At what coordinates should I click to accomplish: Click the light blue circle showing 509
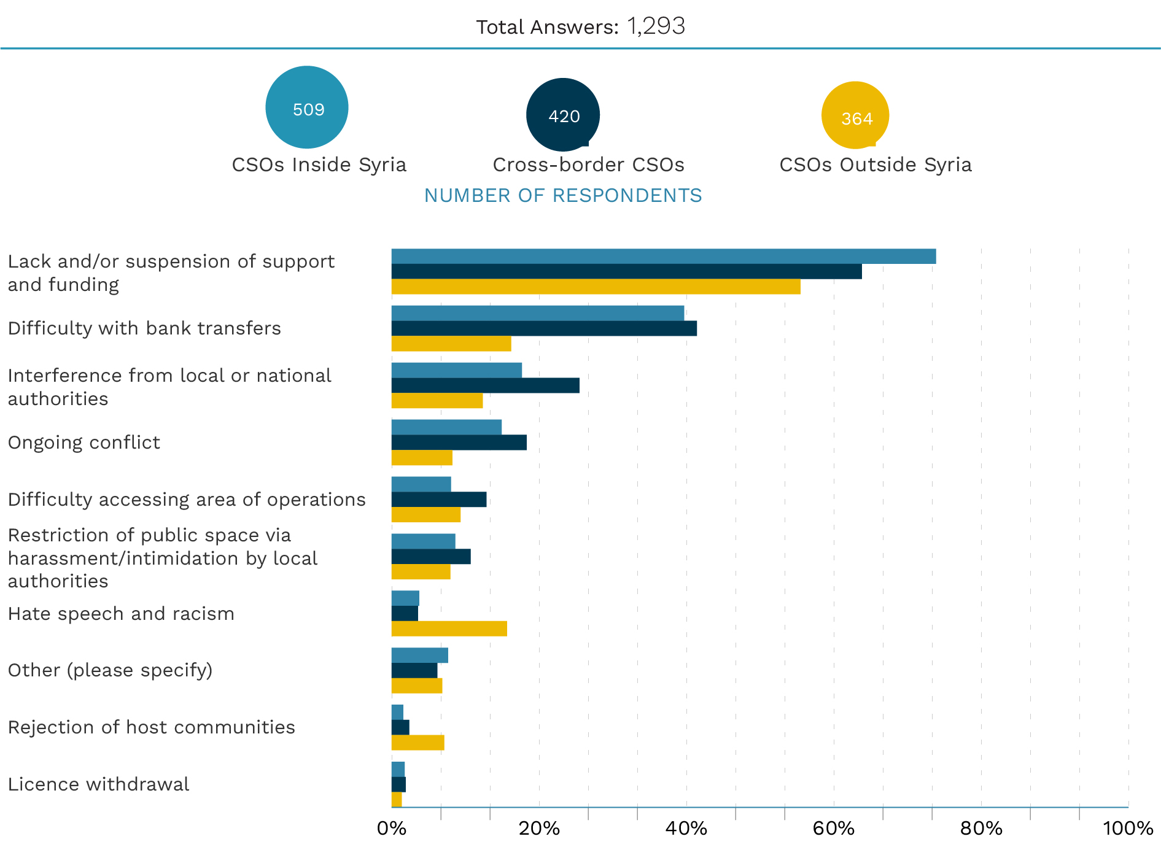307,107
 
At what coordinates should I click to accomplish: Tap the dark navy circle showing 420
562,115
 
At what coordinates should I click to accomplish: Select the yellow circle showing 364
855,115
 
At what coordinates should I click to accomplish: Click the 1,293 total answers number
656,26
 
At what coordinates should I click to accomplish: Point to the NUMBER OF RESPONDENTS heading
563,195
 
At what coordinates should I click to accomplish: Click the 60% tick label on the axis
833,829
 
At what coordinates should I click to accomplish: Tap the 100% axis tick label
1128,829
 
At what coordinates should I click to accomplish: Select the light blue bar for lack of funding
664,256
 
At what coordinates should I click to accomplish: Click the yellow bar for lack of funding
596,287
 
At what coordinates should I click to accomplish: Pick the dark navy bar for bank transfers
544,328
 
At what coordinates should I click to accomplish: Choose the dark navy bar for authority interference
485,385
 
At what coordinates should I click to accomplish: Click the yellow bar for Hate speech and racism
449,628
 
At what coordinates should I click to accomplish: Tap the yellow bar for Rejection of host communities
417,743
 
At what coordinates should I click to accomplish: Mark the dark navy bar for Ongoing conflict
459,443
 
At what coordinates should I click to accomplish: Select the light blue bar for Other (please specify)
419,655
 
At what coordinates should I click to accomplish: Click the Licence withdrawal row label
98,784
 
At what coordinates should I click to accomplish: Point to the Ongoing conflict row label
83,443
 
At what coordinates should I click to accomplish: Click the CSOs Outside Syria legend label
876,164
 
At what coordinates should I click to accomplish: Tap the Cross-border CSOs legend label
588,164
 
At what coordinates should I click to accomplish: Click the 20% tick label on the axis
539,829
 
